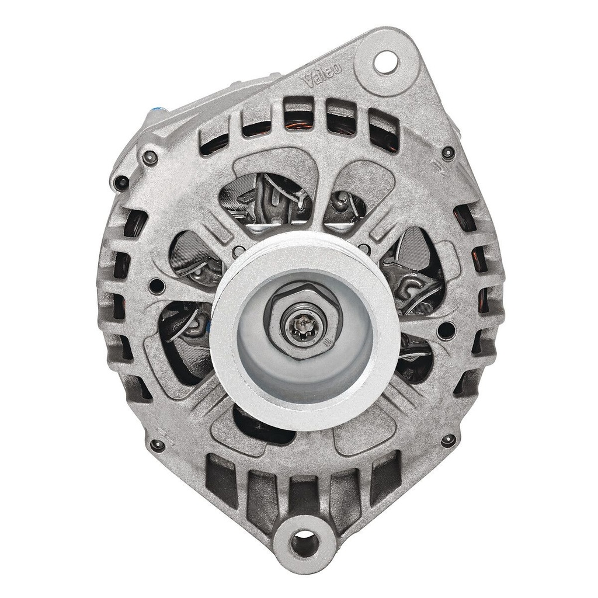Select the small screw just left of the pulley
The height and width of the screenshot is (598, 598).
[x=155, y=286]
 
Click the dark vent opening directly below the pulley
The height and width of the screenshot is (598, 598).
[x=257, y=423]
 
